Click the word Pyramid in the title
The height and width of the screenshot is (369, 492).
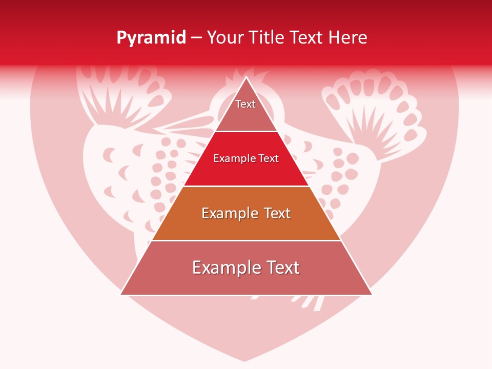151,38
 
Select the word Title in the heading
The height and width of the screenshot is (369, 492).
270,37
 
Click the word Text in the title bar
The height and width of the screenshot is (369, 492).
306,37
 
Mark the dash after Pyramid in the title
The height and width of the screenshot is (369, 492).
196,38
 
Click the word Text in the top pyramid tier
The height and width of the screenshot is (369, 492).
245,104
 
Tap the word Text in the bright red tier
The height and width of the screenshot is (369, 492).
268,158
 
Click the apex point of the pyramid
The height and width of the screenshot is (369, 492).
246,77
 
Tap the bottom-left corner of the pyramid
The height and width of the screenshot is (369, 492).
121,295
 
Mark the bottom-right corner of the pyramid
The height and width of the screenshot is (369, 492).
372,295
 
